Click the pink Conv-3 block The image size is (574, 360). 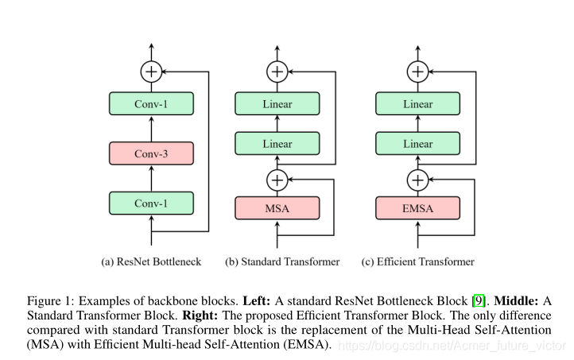[x=151, y=153]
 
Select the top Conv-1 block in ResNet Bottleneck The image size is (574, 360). [x=151, y=103]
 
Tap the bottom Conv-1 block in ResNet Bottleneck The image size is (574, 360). [x=151, y=203]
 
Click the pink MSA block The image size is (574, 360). [x=277, y=208]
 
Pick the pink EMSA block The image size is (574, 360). [x=417, y=208]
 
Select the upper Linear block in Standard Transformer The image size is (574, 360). [x=277, y=103]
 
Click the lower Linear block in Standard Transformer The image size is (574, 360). [x=277, y=144]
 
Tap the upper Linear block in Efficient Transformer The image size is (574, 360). [x=417, y=103]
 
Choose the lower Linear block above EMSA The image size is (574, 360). [x=417, y=144]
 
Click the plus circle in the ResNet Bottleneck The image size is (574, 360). [x=151, y=72]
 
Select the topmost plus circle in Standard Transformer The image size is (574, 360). [x=277, y=72]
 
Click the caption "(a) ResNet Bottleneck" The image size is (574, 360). [x=152, y=261]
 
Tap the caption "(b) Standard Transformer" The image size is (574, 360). [x=282, y=261]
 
